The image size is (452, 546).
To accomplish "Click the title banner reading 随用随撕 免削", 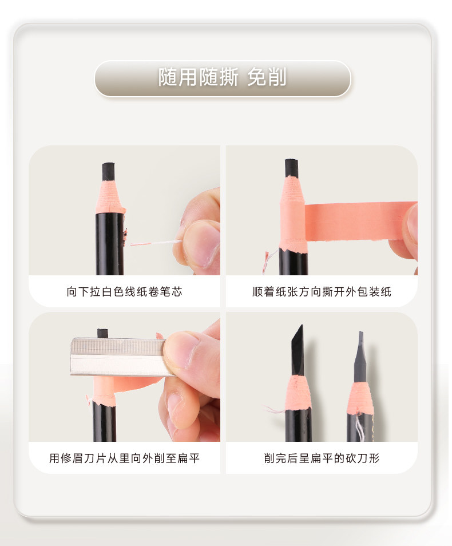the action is (x=223, y=78).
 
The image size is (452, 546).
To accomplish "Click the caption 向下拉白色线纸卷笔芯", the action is (x=124, y=291).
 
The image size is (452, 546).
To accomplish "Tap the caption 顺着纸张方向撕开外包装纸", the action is (x=322, y=291).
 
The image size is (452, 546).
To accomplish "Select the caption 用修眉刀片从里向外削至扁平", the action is (x=124, y=458).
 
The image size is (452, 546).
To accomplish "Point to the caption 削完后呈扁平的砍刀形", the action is (x=322, y=458).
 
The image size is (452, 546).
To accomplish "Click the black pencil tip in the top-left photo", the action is (x=108, y=171).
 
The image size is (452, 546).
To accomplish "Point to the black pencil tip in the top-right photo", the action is (x=291, y=168).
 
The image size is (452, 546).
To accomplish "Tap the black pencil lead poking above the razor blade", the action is (x=102, y=333).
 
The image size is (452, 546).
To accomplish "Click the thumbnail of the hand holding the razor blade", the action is (x=181, y=350).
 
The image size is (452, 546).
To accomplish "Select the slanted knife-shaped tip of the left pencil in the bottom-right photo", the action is (x=298, y=350).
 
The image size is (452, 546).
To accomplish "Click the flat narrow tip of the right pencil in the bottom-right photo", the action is (x=361, y=357).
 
